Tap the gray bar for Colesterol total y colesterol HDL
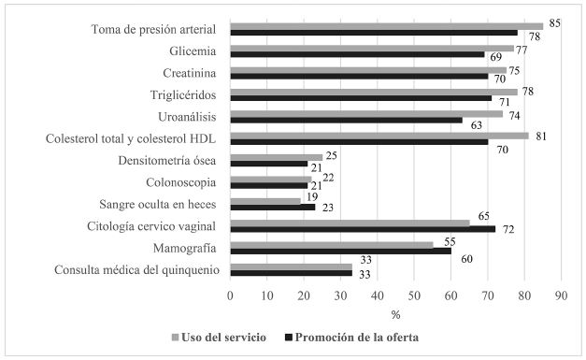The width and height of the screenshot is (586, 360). coord(379,136)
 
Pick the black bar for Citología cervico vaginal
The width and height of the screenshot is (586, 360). coord(363,229)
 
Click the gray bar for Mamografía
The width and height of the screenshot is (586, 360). coord(332,245)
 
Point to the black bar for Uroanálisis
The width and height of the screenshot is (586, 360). coord(346,120)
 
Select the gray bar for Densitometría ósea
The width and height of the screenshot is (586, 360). coord(276,157)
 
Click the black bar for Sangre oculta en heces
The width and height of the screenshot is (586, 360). coord(272,207)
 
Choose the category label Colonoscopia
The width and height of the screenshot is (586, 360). coord(185,182)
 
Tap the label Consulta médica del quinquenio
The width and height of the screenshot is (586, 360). coord(137,269)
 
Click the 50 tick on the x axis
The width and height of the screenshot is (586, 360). coord(414,296)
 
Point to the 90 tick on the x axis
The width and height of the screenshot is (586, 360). coord(561,296)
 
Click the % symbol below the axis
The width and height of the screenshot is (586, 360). coord(395,314)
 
